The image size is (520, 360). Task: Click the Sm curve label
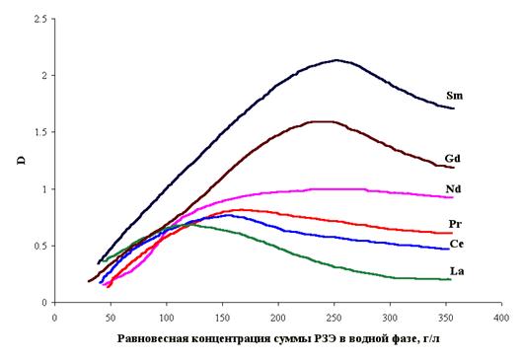[454, 96]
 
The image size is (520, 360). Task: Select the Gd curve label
[452, 159]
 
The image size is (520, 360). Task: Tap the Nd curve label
[453, 189]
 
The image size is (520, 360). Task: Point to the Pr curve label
[455, 224]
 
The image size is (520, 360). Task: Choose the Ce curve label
[456, 244]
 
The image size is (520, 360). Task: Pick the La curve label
[457, 271]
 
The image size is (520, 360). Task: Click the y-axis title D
[21, 161]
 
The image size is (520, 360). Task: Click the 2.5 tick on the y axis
[40, 19]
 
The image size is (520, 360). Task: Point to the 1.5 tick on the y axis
[40, 132]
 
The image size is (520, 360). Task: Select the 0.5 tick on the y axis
[40, 246]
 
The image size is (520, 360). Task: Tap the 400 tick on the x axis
[501, 318]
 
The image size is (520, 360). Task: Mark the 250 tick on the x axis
[334, 318]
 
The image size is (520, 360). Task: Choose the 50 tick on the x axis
[111, 318]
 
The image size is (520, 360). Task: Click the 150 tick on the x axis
[222, 318]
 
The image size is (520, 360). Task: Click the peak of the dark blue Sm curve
[336, 60]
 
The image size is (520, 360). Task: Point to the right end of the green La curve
[450, 279]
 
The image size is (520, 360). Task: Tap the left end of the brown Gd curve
[89, 281]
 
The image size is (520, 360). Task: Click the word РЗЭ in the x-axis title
[322, 338]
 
